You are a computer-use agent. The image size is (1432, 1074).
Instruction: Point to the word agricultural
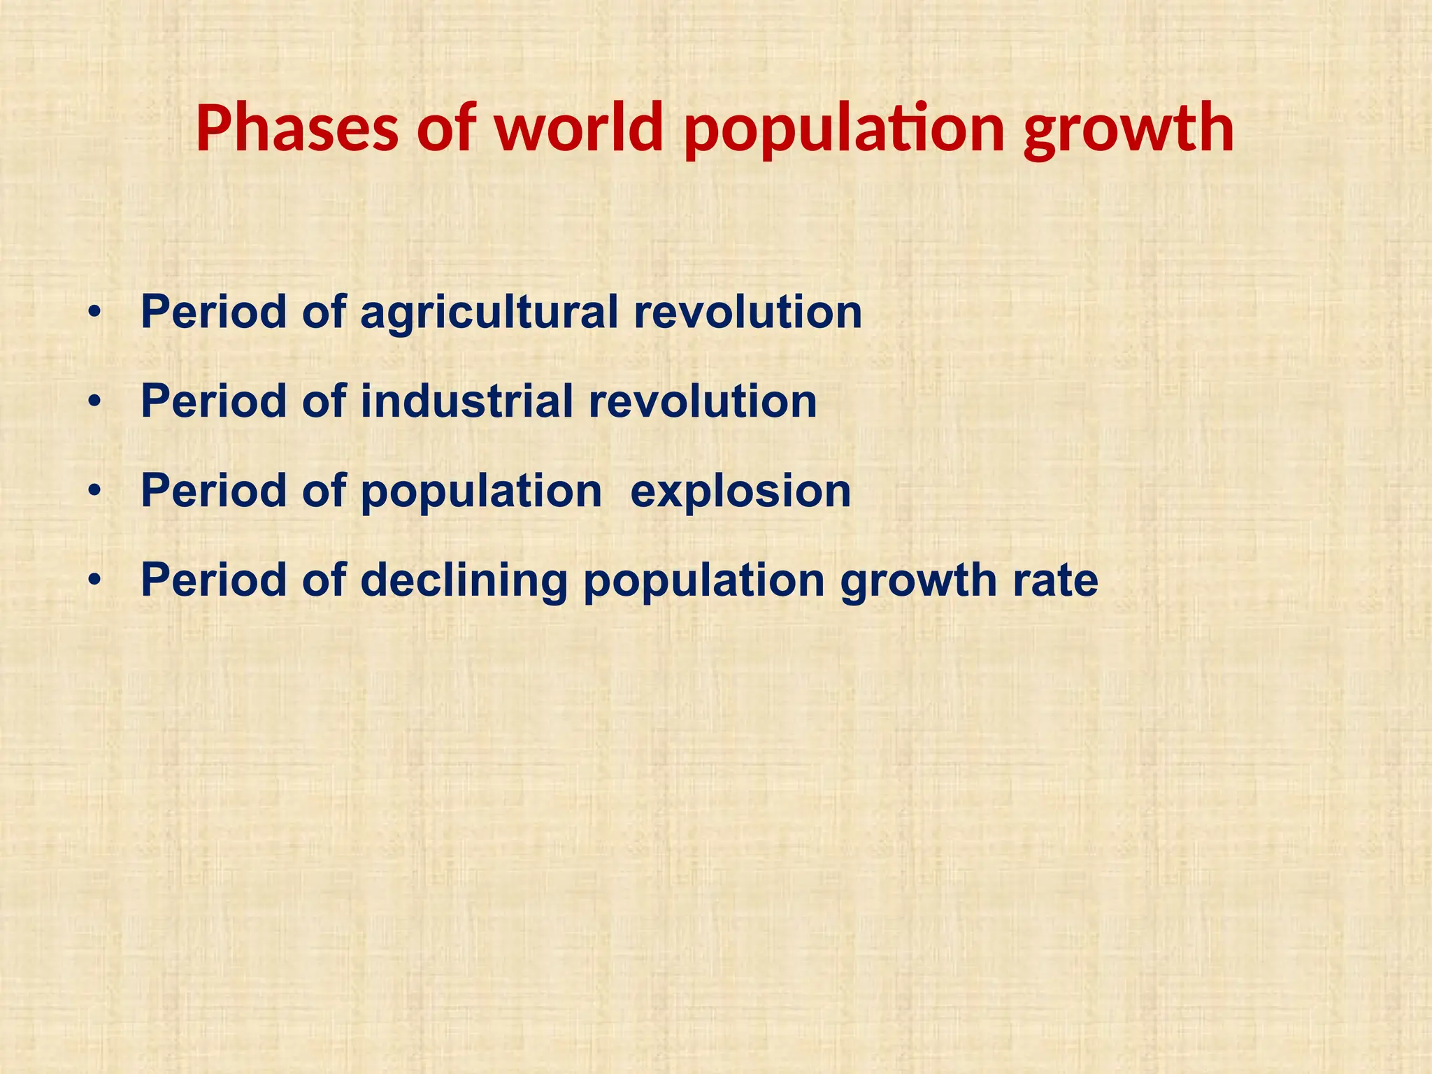pos(489,313)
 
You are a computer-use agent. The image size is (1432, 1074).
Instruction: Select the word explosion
pos(740,492)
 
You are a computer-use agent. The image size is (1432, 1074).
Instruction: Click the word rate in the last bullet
pos(1055,581)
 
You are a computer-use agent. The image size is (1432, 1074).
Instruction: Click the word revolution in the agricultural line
pos(747,313)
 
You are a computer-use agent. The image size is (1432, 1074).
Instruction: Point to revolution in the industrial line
pos(702,401)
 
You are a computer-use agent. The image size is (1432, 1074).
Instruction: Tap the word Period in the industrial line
pos(214,401)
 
